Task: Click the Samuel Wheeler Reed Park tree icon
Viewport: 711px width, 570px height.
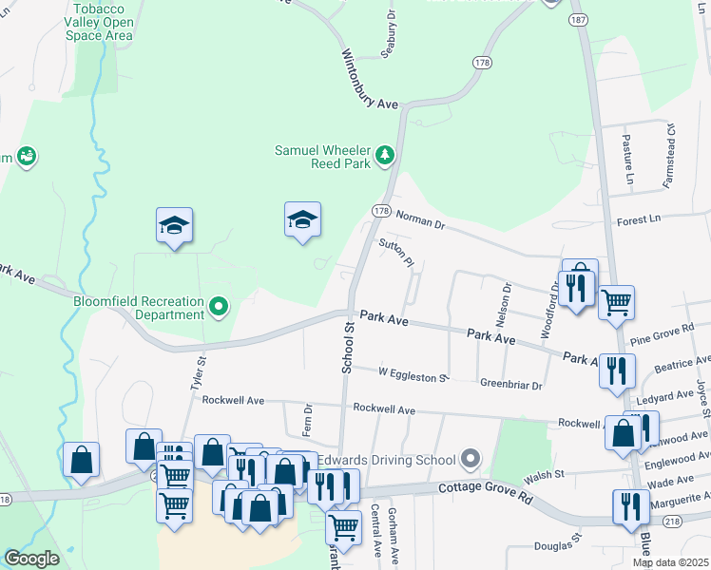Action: tap(385, 154)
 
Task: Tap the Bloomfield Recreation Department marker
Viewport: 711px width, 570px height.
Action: tap(220, 306)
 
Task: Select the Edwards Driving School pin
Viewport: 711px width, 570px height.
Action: tap(469, 461)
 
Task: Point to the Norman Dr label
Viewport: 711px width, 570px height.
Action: tap(420, 219)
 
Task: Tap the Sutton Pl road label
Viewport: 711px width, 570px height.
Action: tap(397, 253)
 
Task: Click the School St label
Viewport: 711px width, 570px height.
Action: tap(348, 347)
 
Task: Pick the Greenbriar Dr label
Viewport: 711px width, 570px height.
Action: tap(510, 386)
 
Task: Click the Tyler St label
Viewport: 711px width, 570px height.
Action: tap(199, 373)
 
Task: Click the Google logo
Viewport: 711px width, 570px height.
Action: tap(31, 559)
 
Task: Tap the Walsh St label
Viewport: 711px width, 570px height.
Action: tap(546, 473)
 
